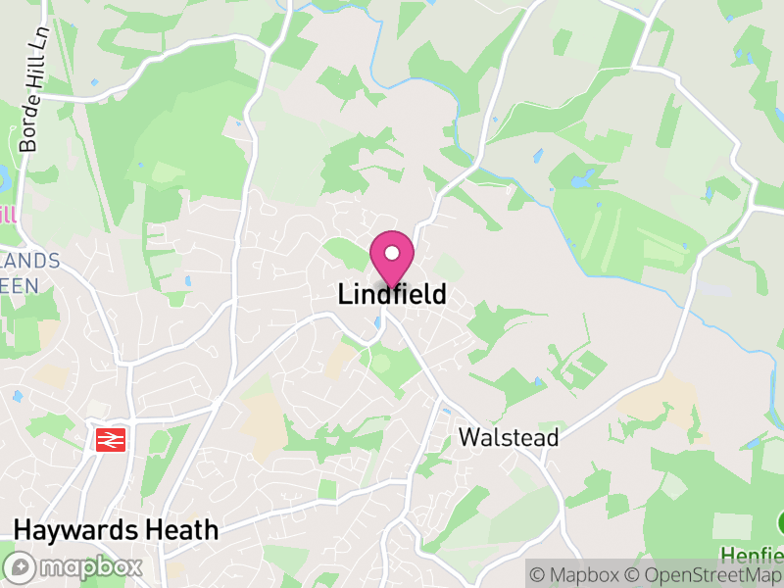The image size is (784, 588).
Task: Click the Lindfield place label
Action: [x=392, y=294]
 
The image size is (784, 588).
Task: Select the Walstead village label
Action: [x=509, y=437]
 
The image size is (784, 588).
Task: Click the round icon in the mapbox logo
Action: [x=19, y=567]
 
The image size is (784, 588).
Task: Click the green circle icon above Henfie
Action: [x=781, y=520]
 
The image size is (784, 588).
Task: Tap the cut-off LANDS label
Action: [x=30, y=262]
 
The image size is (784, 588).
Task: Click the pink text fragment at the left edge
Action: [x=8, y=215]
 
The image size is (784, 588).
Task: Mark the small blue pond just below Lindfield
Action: [x=378, y=322]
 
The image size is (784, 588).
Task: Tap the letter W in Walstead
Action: [x=468, y=437]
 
